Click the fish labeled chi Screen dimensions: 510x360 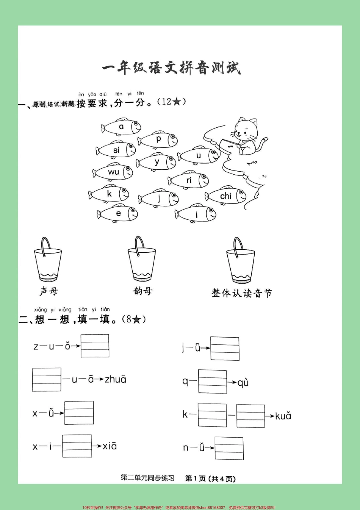point(226,196)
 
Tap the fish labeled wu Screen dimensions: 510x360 point(113,172)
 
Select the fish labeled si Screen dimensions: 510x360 point(116,150)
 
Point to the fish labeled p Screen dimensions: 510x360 point(158,139)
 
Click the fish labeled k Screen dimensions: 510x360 point(109,194)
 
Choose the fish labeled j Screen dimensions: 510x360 point(159,198)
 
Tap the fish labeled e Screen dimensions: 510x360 point(118,213)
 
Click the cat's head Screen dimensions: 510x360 point(245,130)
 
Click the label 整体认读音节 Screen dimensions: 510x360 point(242,293)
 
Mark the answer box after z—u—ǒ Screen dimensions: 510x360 point(95,346)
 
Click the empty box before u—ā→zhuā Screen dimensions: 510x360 point(47,379)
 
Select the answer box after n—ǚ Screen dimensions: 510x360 point(229,448)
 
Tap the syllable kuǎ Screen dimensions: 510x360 point(283,416)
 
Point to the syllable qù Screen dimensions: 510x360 point(243,383)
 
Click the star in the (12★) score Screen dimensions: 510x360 point(176,102)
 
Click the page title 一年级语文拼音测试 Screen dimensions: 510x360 point(171,68)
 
